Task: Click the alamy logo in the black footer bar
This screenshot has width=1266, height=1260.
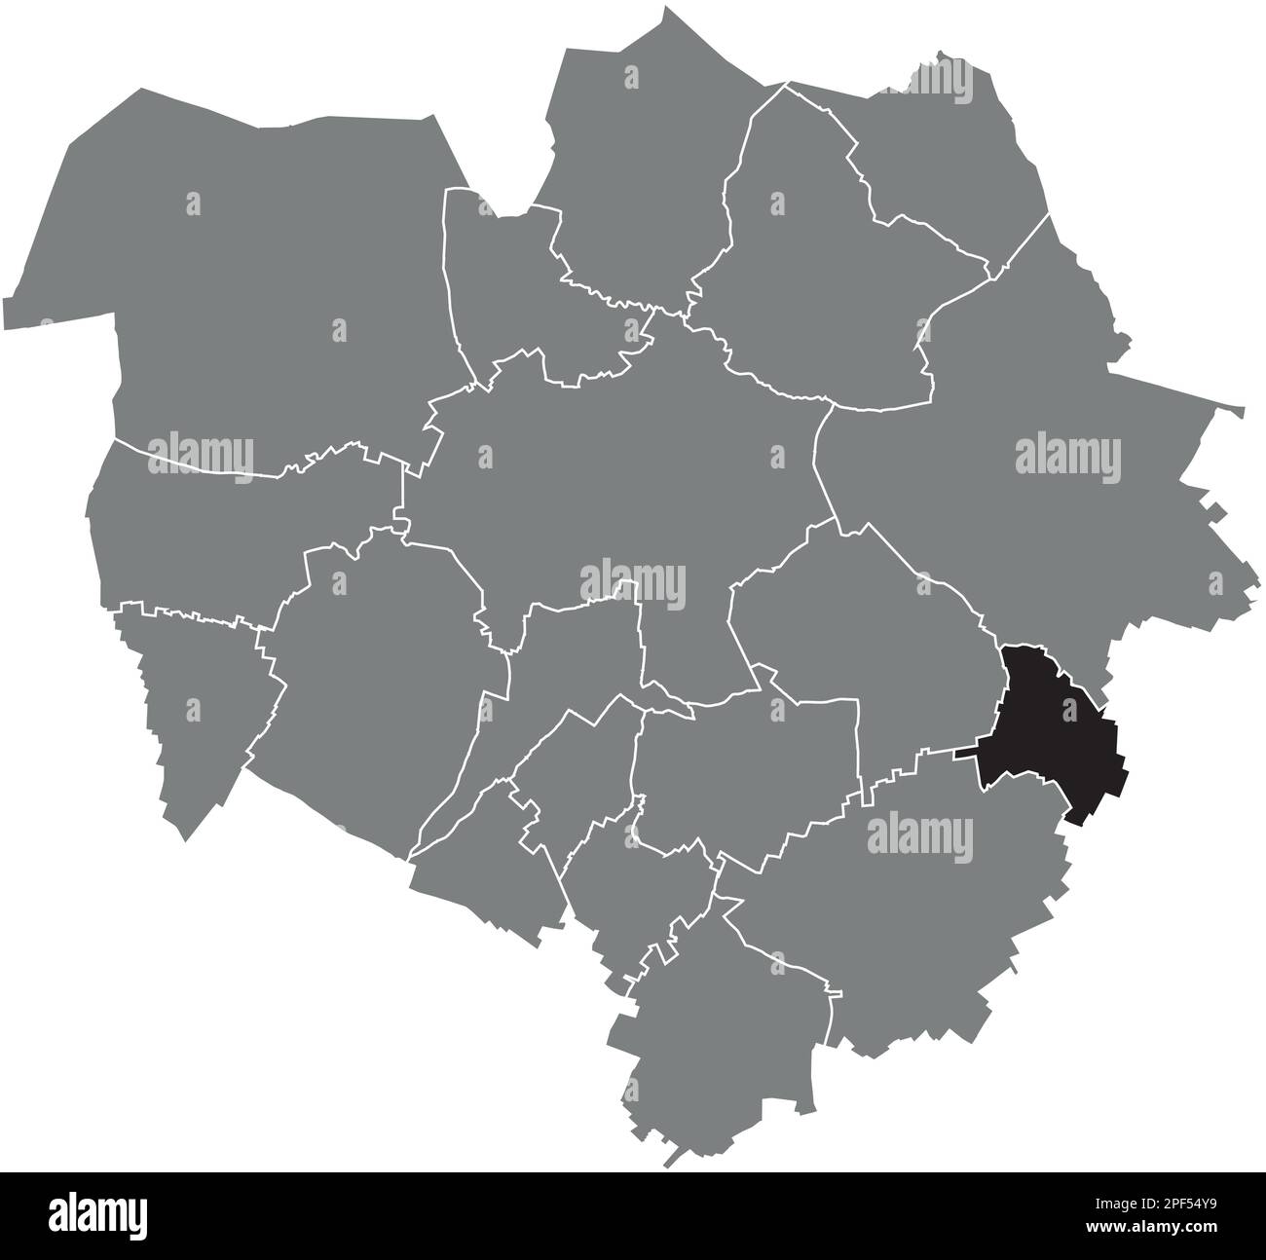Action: (x=97, y=1215)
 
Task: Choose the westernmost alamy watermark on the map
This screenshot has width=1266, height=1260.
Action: (x=200, y=454)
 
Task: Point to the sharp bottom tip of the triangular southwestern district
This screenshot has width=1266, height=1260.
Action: (x=185, y=837)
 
